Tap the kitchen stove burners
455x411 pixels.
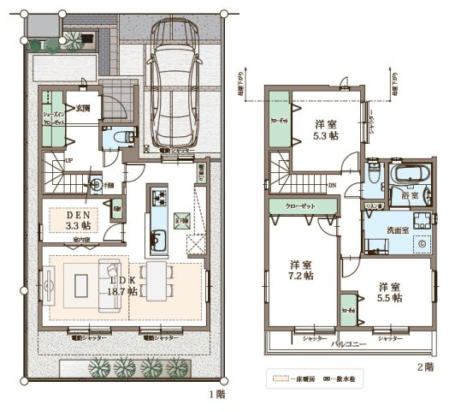[x=159, y=200]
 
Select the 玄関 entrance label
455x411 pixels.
[x=83, y=109]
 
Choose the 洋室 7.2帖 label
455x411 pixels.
[x=300, y=270]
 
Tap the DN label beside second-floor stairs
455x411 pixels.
[x=332, y=183]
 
